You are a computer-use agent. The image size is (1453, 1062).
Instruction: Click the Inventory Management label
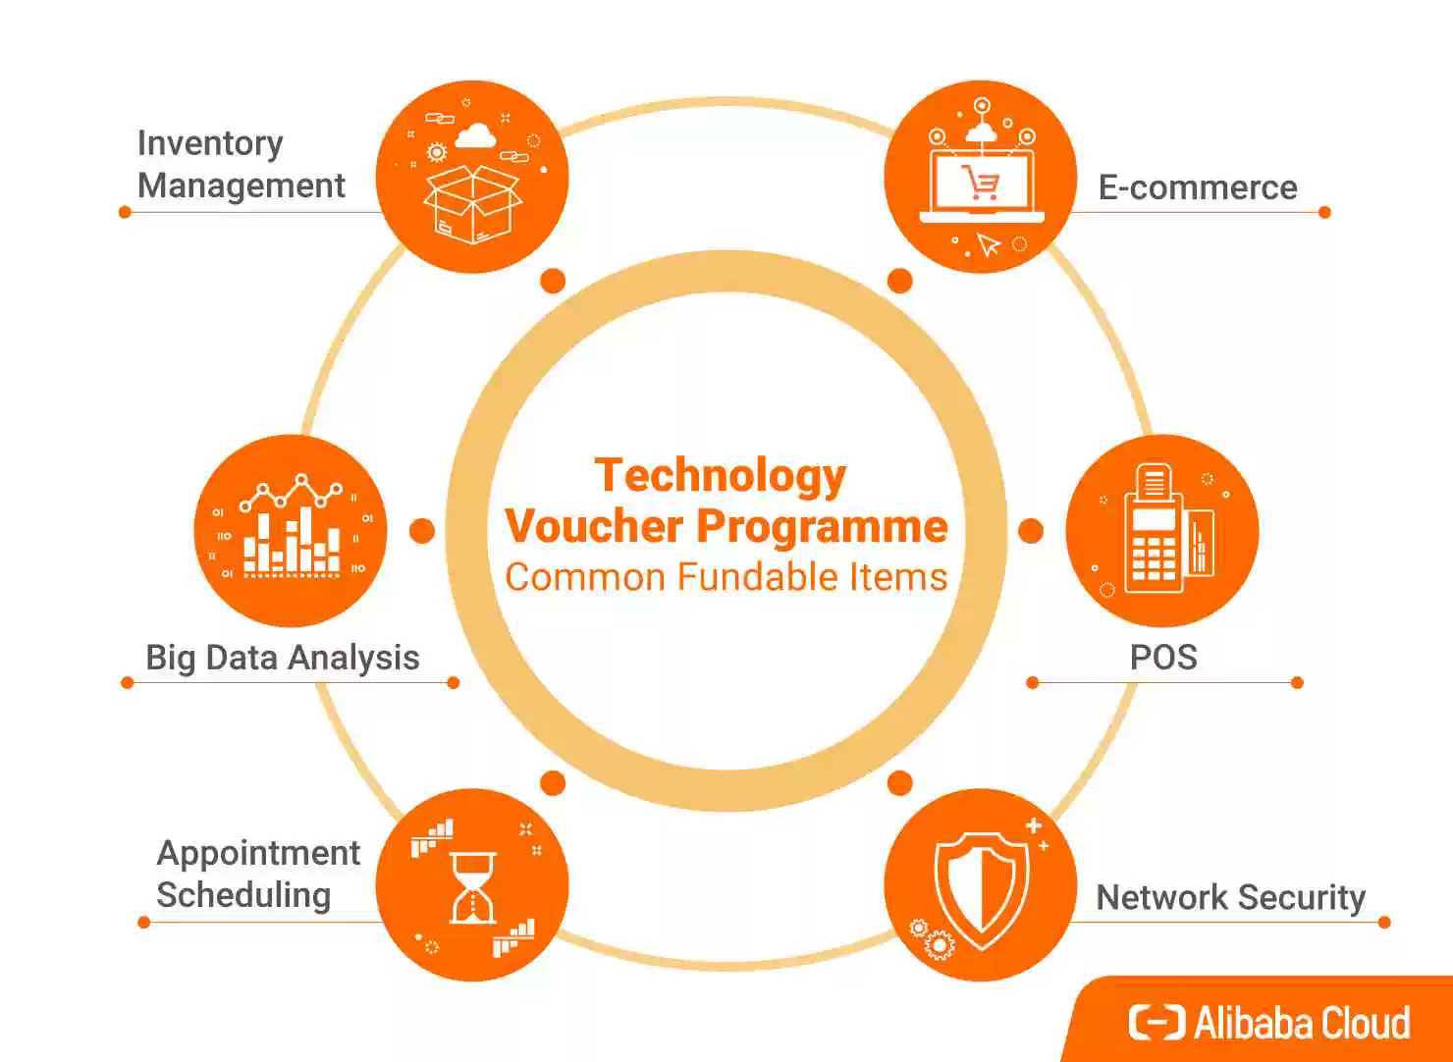(241, 164)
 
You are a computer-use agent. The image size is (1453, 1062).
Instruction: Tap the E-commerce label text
(1198, 187)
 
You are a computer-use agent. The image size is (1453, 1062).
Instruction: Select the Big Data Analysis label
(282, 658)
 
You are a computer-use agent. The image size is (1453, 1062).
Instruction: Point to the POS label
(1163, 657)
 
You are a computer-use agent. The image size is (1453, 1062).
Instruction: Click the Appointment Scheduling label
(257, 874)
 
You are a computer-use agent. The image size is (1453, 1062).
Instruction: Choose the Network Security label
(1230, 897)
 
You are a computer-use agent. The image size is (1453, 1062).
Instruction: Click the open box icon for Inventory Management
(472, 203)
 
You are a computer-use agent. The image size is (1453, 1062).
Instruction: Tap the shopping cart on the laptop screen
(981, 183)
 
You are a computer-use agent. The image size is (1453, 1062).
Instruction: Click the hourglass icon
(472, 887)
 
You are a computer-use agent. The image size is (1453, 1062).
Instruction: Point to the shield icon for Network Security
(982, 886)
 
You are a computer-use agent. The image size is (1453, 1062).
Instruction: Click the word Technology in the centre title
(721, 475)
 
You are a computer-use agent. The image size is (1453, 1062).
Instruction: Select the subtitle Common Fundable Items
(726, 577)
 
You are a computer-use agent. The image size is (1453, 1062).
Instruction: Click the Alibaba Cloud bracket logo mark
(1157, 1022)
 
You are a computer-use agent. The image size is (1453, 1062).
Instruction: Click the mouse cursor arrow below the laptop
(989, 244)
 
